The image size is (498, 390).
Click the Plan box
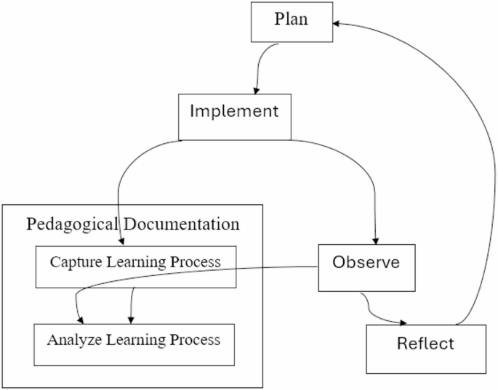click(x=291, y=22)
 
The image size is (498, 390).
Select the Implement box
click(x=234, y=116)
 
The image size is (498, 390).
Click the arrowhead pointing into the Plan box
click(x=338, y=23)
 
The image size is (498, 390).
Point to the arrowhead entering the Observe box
click(x=376, y=242)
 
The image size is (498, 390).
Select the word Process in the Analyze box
click(x=196, y=339)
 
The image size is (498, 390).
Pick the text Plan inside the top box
click(x=291, y=20)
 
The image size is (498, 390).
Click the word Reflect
click(x=425, y=344)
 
